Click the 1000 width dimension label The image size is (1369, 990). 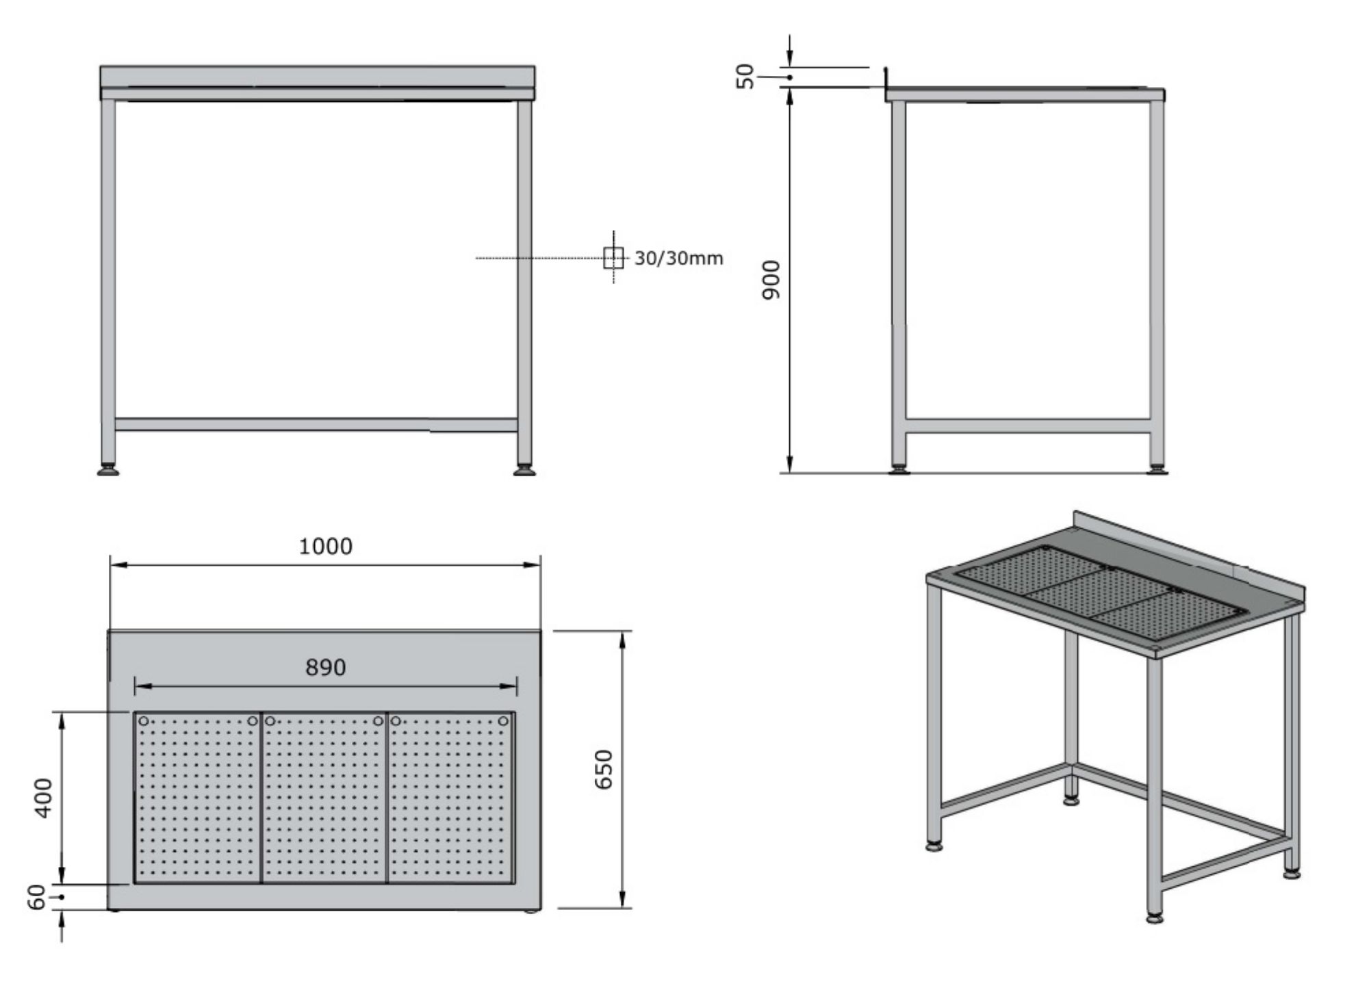tap(326, 546)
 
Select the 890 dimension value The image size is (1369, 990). tap(326, 667)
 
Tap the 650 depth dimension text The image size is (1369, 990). tap(604, 769)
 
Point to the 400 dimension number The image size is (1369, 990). tap(43, 797)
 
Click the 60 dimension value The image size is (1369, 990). tap(37, 897)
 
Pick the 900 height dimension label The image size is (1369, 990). tap(771, 279)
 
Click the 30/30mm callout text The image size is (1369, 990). tap(678, 259)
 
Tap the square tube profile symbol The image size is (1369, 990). tap(613, 258)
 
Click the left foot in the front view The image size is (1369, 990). tap(108, 470)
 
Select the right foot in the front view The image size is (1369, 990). tap(525, 470)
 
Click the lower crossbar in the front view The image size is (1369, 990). tap(316, 425)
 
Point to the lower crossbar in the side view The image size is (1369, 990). tap(1027, 426)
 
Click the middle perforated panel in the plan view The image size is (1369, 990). tap(324, 798)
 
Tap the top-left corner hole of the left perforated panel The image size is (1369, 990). tap(144, 721)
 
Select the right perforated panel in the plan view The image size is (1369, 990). tap(451, 798)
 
